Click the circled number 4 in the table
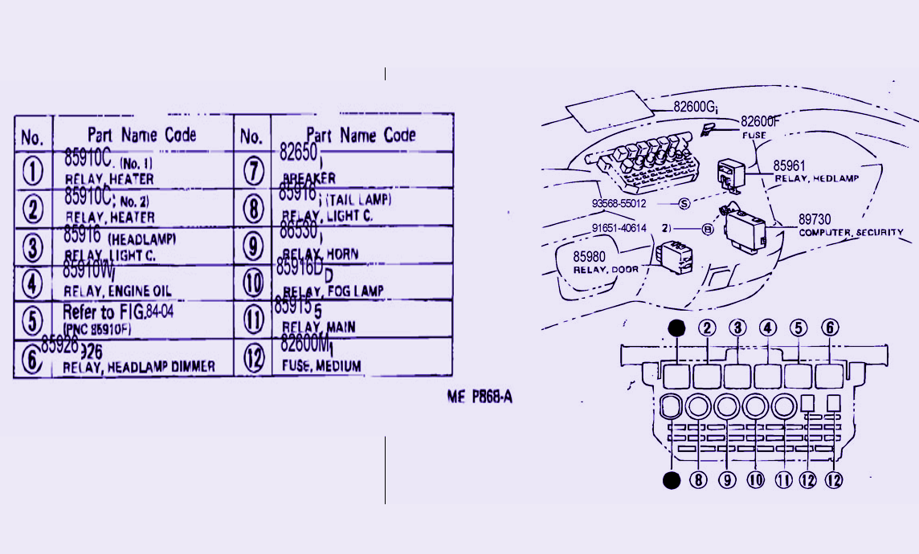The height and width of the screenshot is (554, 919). tap(32, 283)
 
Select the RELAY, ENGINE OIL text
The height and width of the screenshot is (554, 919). tap(117, 291)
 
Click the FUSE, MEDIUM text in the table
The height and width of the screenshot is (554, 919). tap(321, 365)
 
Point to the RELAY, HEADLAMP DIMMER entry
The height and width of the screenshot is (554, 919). tap(139, 366)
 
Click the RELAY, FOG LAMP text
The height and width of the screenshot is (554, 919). tap(333, 291)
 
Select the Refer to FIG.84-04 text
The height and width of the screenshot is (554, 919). tap(117, 312)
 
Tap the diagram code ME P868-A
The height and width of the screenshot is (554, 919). tap(480, 396)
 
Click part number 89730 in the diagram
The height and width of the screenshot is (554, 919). tap(815, 219)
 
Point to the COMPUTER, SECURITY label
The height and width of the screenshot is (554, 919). tap(851, 232)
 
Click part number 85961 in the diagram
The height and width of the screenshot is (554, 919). tap(789, 166)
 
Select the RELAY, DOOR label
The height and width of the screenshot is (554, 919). tap(606, 269)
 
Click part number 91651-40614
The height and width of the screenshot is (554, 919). tap(619, 229)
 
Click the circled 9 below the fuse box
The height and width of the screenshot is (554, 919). tap(727, 480)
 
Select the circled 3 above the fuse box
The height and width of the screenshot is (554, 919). tap(737, 328)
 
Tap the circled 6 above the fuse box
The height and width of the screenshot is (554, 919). tap(830, 328)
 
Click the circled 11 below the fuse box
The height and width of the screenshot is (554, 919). tap(783, 480)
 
